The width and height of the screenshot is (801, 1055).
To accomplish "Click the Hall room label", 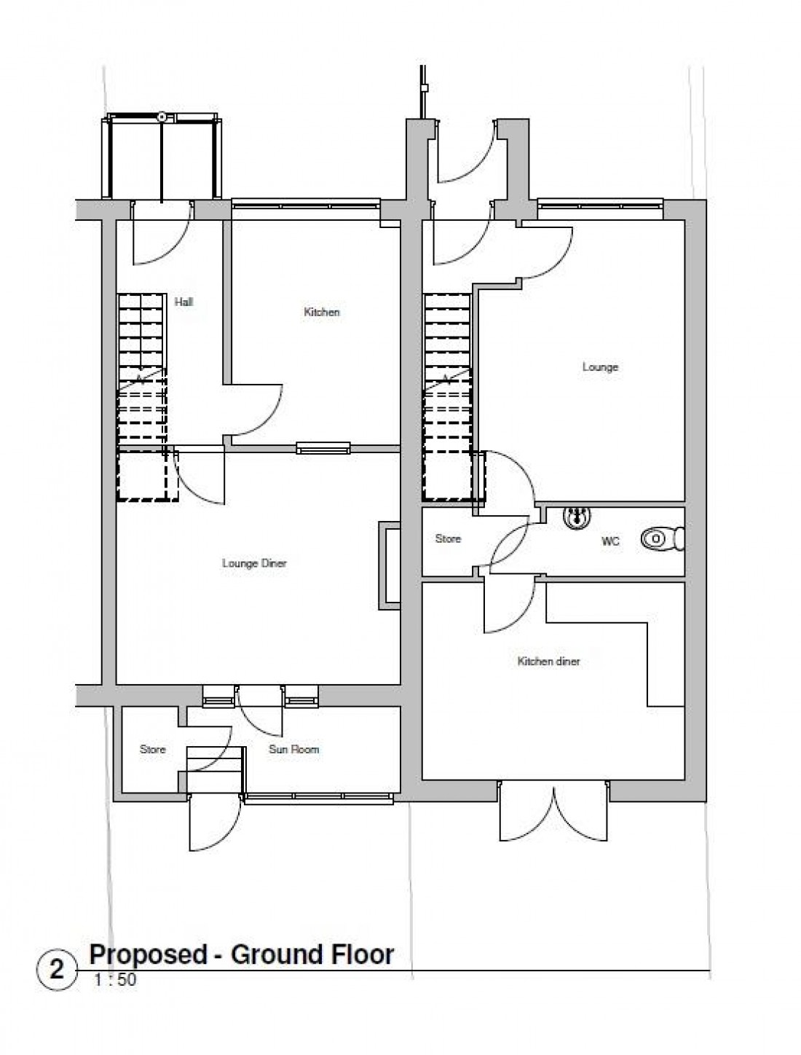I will tap(184, 302).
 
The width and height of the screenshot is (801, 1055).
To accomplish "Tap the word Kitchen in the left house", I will tap(321, 312).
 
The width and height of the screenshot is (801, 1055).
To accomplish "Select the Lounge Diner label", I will tap(254, 563).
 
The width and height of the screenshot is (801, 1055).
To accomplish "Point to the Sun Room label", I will tap(293, 749).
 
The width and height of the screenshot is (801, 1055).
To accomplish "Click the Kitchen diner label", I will tap(548, 662).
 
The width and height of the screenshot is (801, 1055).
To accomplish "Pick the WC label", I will tap(610, 541).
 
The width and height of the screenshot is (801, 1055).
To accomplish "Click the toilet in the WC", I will tap(658, 539).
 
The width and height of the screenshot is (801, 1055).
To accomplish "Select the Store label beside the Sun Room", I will tap(152, 749).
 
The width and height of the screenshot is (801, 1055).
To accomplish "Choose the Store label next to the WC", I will tap(448, 538).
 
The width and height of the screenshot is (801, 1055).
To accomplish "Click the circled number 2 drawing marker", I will tap(56, 970).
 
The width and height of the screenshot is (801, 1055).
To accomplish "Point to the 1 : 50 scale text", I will tap(114, 980).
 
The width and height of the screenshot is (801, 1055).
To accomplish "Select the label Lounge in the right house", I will tap(600, 366).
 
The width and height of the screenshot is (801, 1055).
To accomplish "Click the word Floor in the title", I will tap(361, 954).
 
